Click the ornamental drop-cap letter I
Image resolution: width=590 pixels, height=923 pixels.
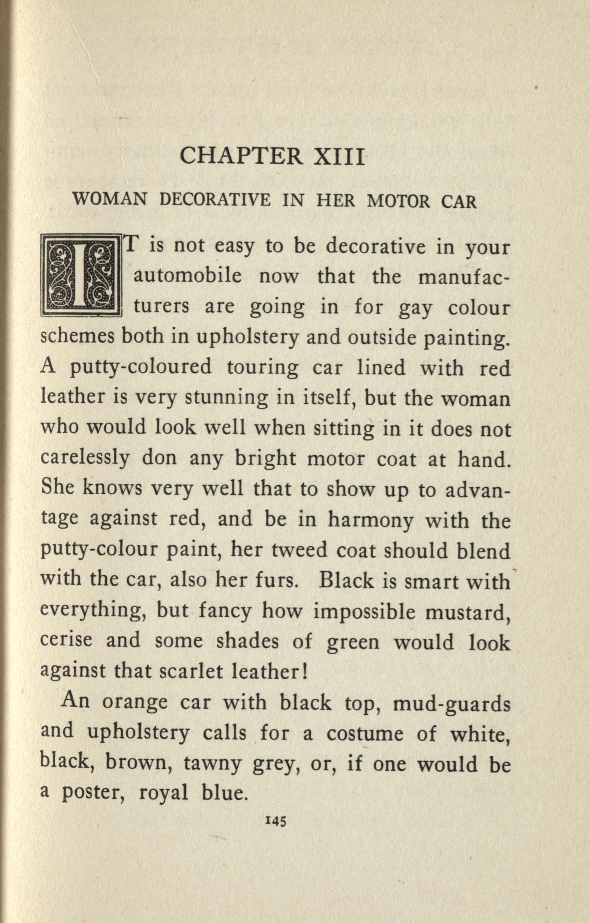tap(81, 274)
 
